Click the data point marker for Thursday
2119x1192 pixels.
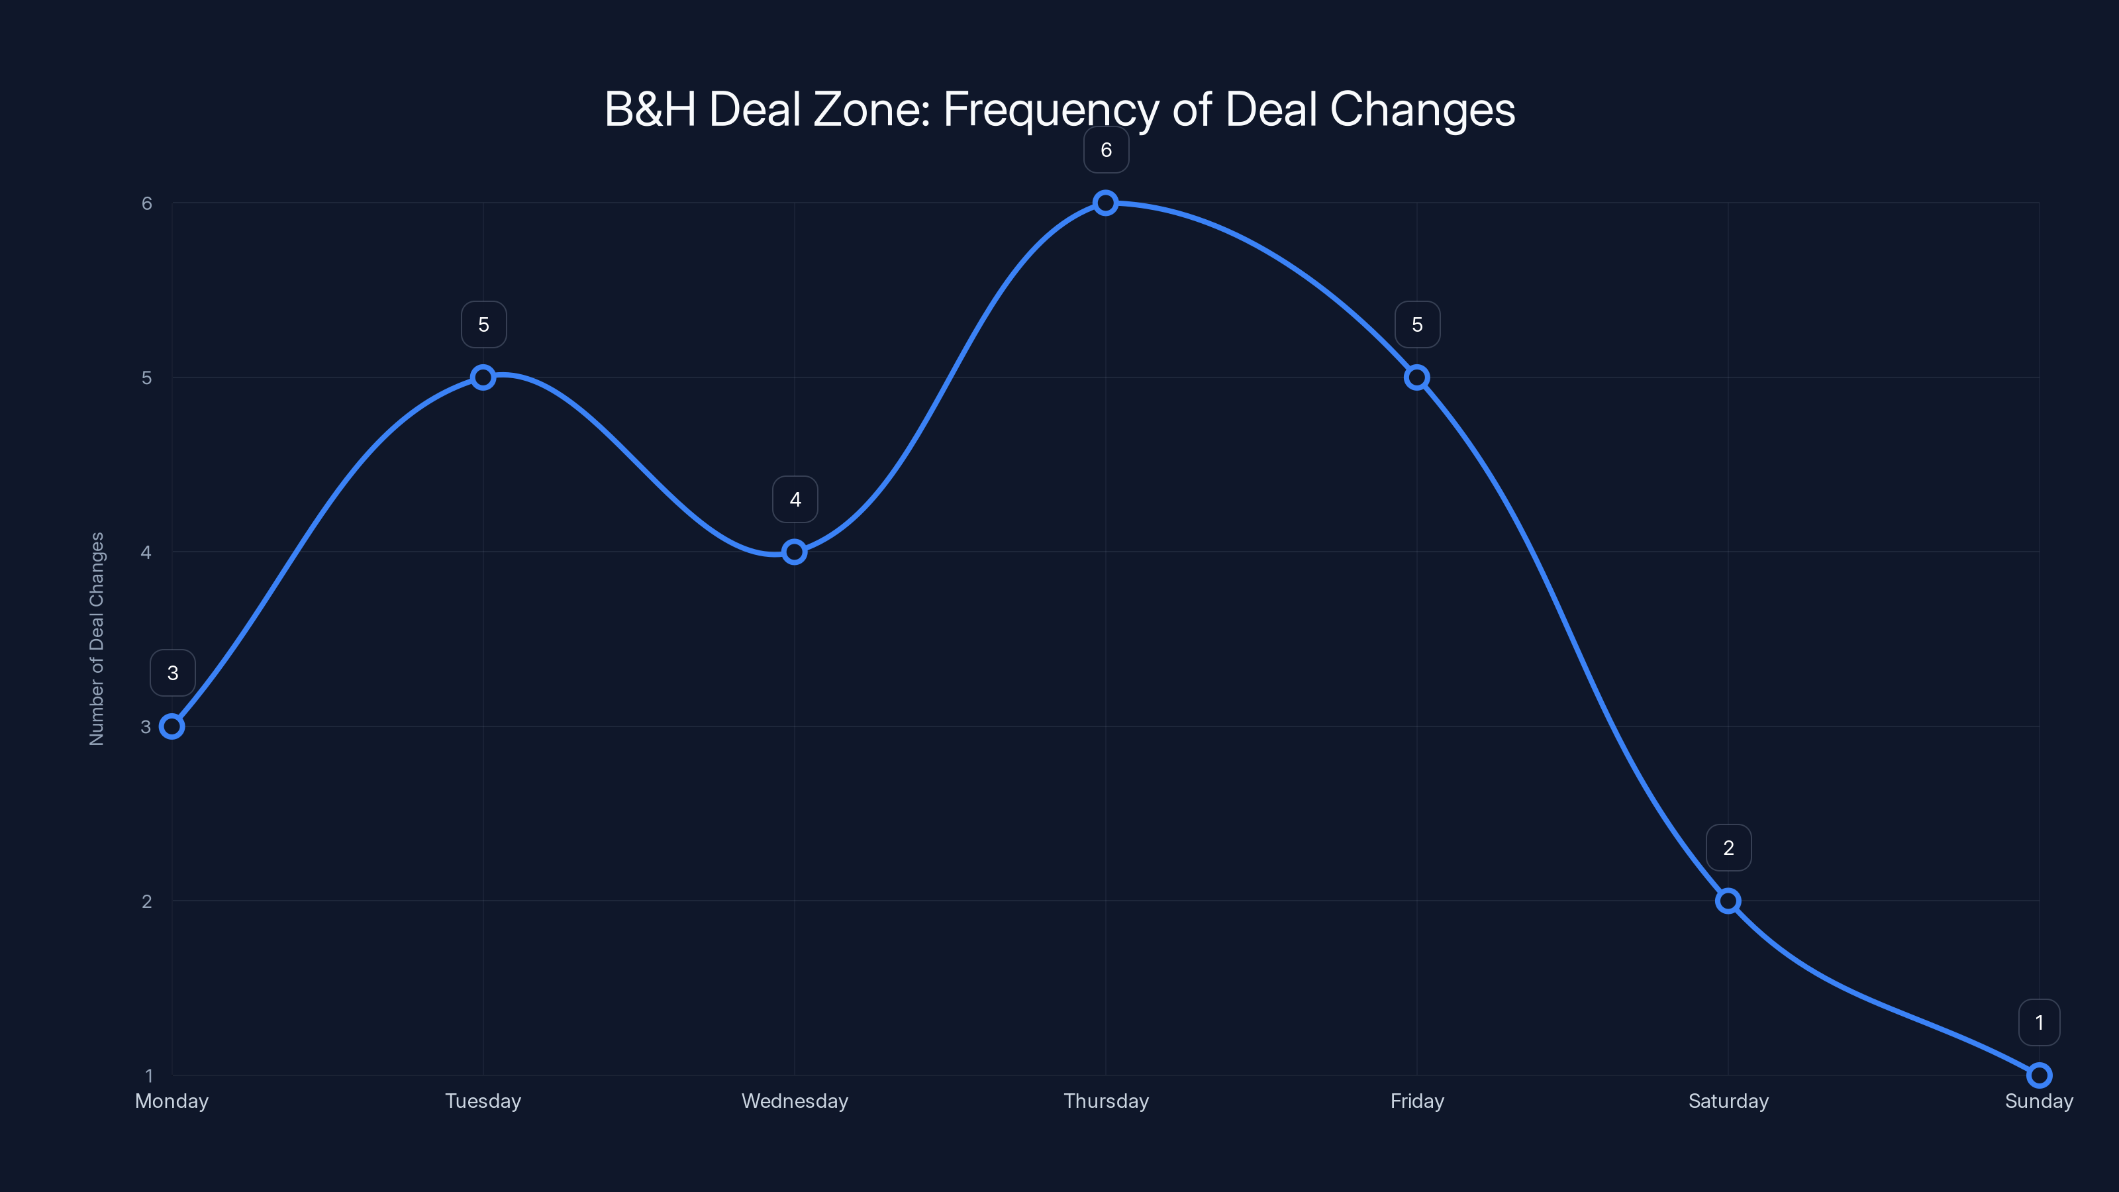click(x=1106, y=203)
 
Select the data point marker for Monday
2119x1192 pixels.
click(x=172, y=726)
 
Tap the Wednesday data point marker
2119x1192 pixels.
click(x=795, y=552)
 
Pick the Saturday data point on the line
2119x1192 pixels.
click(x=1728, y=901)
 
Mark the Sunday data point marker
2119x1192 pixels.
click(x=2040, y=1075)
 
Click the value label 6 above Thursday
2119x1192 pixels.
click(x=1107, y=150)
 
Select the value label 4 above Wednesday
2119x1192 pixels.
click(x=795, y=499)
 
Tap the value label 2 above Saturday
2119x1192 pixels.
click(x=1728, y=848)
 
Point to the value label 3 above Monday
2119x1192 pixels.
click(x=173, y=673)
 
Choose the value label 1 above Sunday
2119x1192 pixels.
click(x=2040, y=1022)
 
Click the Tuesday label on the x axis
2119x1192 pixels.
click(x=483, y=1101)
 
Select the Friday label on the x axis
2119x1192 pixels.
click(x=1416, y=1101)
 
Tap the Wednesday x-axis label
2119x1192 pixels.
click(x=795, y=1101)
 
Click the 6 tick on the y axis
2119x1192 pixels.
click(x=147, y=203)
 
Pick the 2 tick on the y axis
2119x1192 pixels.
click(x=147, y=901)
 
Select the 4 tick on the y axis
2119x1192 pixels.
click(x=146, y=553)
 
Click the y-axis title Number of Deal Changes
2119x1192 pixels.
click(x=97, y=638)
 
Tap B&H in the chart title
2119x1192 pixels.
click(x=650, y=109)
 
